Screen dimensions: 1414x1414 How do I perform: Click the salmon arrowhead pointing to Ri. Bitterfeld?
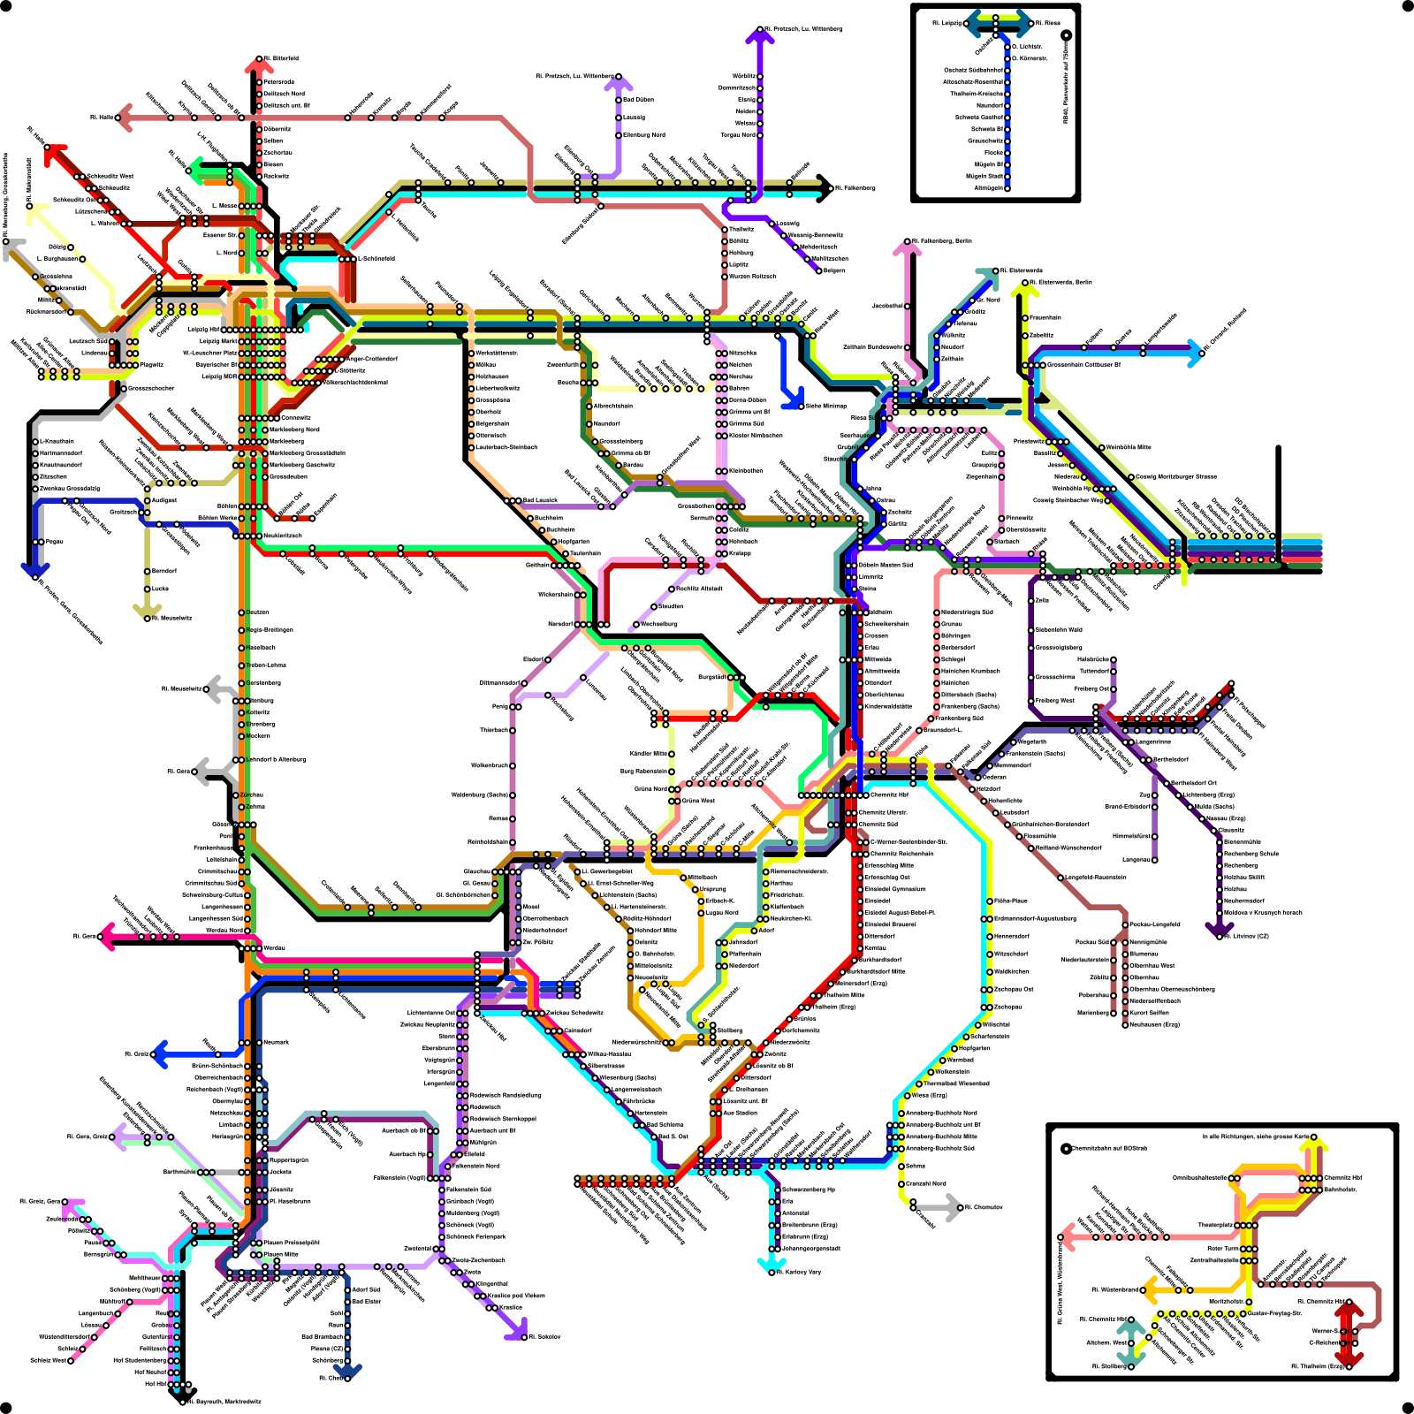tap(258, 64)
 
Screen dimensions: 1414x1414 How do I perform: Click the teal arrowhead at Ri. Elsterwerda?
tap(985, 275)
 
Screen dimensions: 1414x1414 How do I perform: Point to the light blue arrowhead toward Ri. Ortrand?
tap(1196, 353)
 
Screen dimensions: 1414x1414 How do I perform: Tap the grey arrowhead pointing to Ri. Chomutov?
tap(954, 1207)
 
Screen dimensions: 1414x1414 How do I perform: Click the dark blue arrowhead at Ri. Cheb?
tap(347, 1373)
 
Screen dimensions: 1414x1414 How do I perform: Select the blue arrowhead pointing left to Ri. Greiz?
tap(160, 1053)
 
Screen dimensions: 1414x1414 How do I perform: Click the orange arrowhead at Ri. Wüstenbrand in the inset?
tap(1149, 1289)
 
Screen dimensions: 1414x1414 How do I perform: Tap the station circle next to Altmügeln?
tap(1007, 187)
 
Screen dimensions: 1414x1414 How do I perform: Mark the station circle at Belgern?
tap(818, 270)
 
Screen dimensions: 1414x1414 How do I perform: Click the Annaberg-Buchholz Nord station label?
tap(942, 1113)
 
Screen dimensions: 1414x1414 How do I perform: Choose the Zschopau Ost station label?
tap(1014, 989)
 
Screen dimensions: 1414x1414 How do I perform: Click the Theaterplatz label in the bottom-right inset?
tap(1215, 1225)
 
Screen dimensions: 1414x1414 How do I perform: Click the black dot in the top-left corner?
tap(7, 7)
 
